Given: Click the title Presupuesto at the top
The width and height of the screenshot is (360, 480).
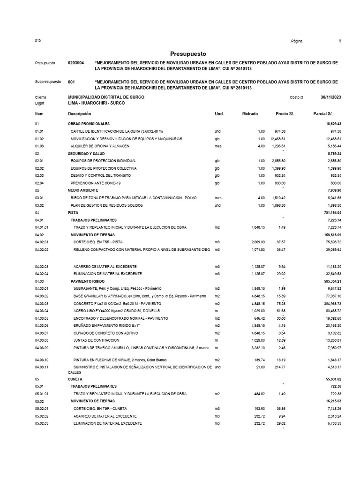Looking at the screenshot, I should (187, 54).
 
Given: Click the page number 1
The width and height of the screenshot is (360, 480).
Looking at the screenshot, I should (339, 41).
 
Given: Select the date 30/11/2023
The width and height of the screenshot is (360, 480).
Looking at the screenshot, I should (330, 97).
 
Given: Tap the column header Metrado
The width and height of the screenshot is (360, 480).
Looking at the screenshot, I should (250, 114).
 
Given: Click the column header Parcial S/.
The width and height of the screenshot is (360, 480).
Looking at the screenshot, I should (322, 114).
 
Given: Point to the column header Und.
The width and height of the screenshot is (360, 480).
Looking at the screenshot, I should (219, 114).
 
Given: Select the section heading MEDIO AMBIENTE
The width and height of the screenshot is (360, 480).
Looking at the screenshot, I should (83, 191).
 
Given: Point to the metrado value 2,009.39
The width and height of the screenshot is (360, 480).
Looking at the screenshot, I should (256, 242).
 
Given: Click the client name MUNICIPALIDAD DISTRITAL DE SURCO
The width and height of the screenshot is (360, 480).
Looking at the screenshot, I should (106, 97).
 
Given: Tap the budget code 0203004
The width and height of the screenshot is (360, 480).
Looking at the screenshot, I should (76, 63).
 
